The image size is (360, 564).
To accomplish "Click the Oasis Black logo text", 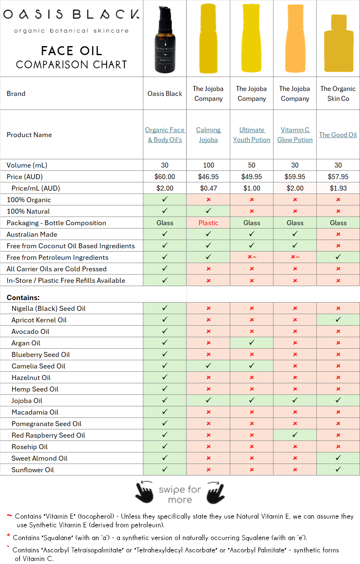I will (x=71, y=15).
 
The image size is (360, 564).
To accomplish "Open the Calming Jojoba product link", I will (x=208, y=135).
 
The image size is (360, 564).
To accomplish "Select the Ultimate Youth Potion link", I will (x=252, y=135).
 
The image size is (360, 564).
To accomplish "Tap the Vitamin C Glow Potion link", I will (x=295, y=135).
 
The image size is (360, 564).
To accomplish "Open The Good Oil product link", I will (x=338, y=135).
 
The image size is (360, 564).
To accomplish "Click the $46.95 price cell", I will (x=208, y=177).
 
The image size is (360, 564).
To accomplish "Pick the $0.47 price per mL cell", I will (x=208, y=188).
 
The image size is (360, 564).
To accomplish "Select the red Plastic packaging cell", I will (x=208, y=223).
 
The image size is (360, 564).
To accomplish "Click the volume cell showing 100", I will (x=208, y=165).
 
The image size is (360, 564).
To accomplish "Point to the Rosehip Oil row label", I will (x=30, y=447).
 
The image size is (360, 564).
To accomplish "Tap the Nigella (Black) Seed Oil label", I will (x=49, y=308).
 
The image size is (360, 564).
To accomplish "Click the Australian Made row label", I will (x=32, y=234).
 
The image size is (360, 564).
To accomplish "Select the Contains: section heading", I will (x=23, y=297).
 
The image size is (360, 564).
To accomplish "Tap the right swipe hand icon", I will (x=216, y=492).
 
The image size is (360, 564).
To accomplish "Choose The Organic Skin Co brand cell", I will (x=338, y=93).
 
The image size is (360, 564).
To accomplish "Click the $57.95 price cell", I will (x=338, y=177).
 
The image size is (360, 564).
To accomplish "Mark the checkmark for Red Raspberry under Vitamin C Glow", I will (x=295, y=435).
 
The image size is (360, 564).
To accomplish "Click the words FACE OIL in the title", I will (x=71, y=51).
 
